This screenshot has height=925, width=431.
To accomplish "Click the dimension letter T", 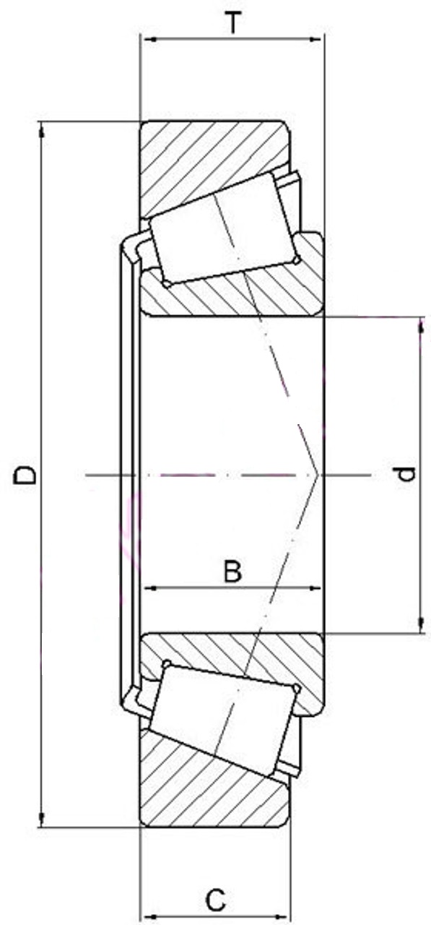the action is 233,22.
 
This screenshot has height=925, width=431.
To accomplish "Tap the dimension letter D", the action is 25,475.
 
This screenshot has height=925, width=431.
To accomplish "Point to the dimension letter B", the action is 232,571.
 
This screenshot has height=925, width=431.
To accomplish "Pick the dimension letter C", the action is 216,900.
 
